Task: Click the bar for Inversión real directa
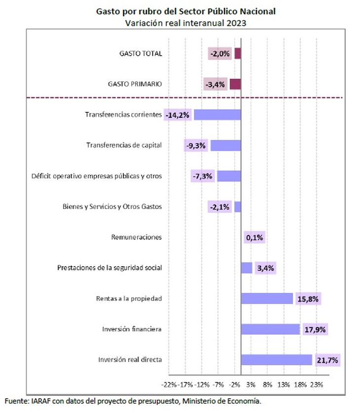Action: coord(277,360)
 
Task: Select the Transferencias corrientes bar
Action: coord(217,115)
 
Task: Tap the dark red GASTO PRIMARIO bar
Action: coord(235,84)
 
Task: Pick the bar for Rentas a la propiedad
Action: coord(267,299)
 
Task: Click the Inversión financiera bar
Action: coord(270,329)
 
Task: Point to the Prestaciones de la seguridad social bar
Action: coord(247,268)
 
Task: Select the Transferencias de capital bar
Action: coord(226,145)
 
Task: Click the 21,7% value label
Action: coord(327,360)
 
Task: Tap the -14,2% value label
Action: coord(178,115)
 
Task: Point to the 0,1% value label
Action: coord(254,238)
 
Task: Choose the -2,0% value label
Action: coord(220,54)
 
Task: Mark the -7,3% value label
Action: coord(203,176)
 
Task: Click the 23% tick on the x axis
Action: coord(317,385)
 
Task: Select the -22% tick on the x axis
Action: coord(169,385)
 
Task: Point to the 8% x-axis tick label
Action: coord(267,385)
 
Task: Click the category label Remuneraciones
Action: coord(136,237)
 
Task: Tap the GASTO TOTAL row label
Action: coord(141,54)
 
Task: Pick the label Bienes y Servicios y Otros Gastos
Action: coord(112,207)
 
